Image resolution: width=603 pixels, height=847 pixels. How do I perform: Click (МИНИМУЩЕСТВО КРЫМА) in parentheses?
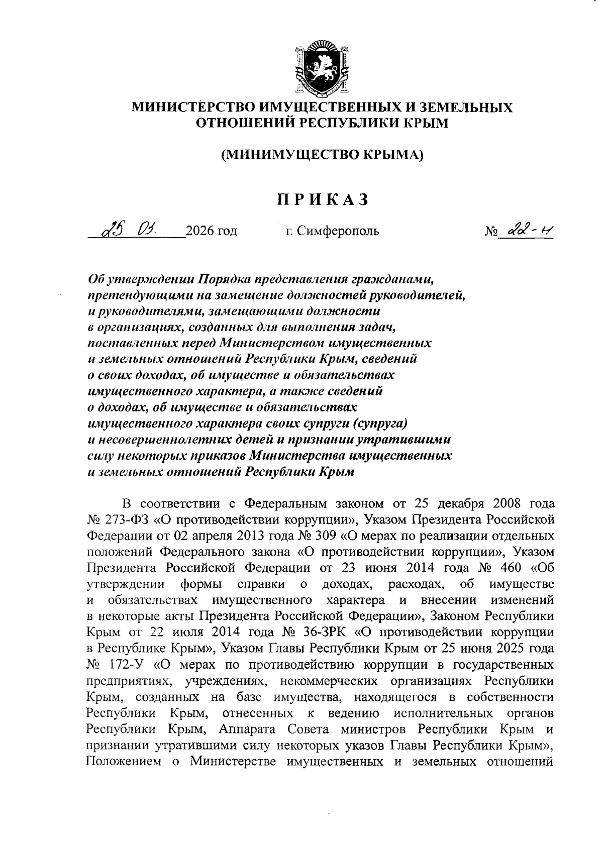322,154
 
